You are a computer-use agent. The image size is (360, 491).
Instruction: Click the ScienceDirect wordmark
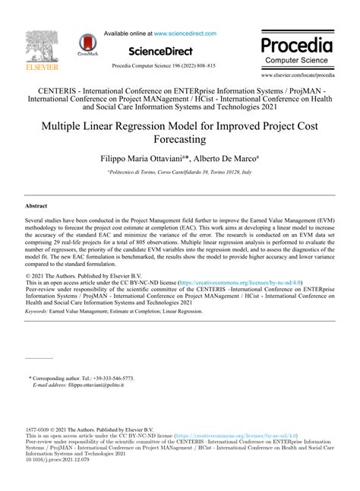coord(159,52)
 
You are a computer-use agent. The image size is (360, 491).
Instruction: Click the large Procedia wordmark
coord(297,43)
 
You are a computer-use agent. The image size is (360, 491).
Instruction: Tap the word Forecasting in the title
coord(179,140)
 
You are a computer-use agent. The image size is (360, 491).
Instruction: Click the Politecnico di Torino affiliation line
coord(179,175)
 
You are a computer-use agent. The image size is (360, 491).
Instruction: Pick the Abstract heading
coord(36,205)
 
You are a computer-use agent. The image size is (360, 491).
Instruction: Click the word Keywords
coord(39,332)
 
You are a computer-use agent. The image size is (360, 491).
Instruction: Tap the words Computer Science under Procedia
coord(297,59)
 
